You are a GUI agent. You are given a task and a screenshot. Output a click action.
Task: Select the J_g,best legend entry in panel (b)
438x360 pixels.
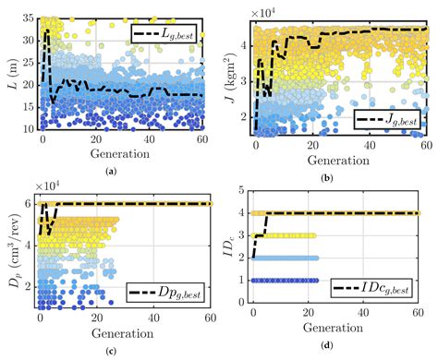385,118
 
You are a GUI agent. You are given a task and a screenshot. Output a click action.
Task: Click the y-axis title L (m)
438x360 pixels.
9,74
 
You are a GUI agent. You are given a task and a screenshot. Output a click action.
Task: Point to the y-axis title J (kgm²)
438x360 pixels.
229,74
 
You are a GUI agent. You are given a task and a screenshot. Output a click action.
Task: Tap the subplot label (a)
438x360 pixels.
112,172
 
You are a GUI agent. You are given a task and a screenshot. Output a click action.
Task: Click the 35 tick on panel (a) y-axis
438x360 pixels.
23,18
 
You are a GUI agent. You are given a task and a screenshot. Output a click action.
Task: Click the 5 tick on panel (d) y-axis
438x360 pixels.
242,190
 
